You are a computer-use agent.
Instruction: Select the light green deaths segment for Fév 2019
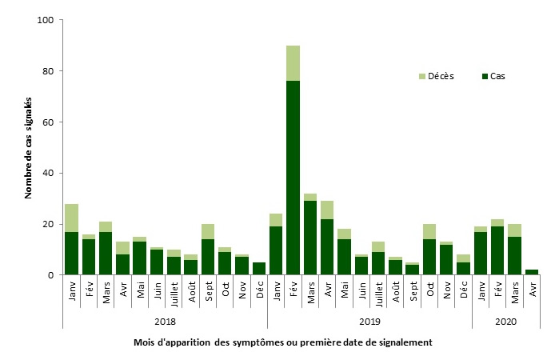click(293, 63)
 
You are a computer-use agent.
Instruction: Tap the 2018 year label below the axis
click(165, 322)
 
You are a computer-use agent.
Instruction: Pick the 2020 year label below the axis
click(506, 322)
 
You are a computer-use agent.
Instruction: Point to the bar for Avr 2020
click(532, 272)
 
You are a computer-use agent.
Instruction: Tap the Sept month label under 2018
click(209, 289)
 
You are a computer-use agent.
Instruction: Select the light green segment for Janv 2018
click(72, 218)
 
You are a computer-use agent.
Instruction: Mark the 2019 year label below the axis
click(369, 322)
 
